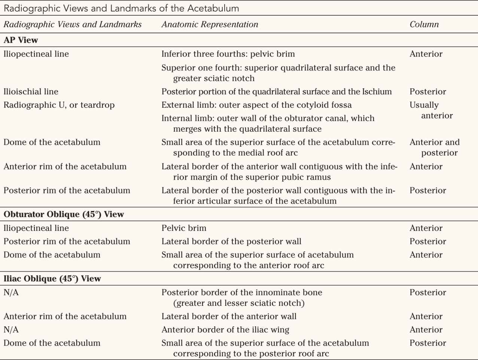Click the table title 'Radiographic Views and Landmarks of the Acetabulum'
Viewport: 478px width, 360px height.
tap(121, 8)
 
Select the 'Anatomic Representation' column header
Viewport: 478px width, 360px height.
tap(210, 24)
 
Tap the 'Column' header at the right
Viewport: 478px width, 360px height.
tap(424, 24)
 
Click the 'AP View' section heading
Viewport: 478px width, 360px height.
tap(21, 40)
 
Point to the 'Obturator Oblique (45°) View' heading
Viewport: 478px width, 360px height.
tap(64, 214)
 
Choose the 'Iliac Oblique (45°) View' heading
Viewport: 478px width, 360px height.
tap(52, 279)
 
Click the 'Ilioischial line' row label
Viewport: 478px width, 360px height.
tap(31, 92)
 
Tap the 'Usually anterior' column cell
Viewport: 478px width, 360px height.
tap(430, 110)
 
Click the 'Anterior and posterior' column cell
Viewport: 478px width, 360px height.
tap(434, 147)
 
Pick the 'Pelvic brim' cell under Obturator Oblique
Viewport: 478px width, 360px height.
tap(184, 228)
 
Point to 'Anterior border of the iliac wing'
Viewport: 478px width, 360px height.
tap(225, 330)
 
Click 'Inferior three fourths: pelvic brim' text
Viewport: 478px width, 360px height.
tap(228, 54)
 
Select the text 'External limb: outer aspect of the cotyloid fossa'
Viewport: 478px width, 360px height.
tap(256, 105)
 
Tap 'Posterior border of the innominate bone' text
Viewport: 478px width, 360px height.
tap(241, 293)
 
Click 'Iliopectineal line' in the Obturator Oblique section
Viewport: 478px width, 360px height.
tap(36, 228)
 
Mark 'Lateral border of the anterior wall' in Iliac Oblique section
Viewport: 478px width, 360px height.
tap(229, 317)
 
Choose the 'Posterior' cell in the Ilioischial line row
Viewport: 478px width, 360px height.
tap(427, 92)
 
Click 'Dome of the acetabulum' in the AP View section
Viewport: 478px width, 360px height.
tap(52, 142)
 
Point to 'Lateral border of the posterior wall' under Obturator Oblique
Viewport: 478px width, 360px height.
tap(231, 242)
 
